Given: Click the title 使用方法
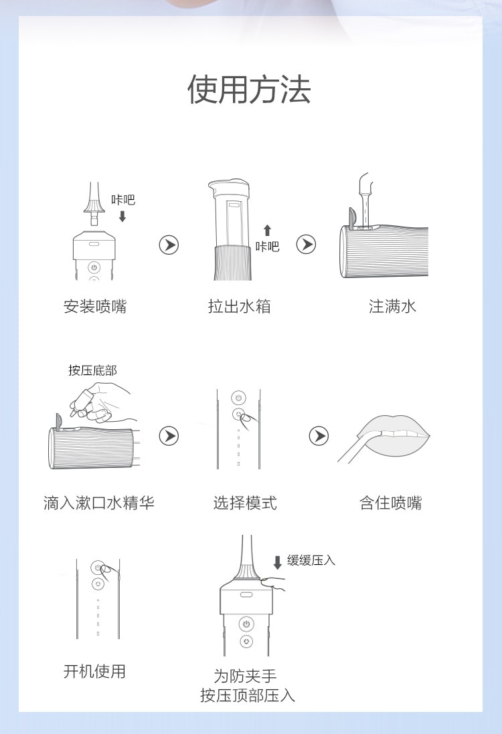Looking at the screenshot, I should click(249, 90).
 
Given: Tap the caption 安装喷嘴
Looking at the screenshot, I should click(95, 307).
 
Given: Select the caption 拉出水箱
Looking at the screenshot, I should click(240, 307).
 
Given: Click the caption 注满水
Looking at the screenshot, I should click(392, 307).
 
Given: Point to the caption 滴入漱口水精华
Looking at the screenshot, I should click(99, 503).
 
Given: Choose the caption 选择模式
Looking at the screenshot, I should click(245, 503).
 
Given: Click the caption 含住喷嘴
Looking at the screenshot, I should click(391, 503).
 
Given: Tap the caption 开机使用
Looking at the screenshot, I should click(94, 671).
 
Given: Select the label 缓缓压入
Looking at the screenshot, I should click(311, 560).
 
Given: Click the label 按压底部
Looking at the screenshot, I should click(92, 370).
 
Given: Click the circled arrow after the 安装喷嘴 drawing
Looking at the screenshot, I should click(169, 245).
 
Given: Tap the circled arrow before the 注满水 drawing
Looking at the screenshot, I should click(306, 245).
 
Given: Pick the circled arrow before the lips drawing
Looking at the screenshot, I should click(319, 437).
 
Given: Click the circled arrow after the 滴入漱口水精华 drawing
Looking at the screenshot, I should click(169, 437).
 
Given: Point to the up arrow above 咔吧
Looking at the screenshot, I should click(267, 231).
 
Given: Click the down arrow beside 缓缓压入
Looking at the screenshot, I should click(278, 563).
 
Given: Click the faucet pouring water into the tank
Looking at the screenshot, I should click(365, 191).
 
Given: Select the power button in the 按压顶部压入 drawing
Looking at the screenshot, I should click(246, 624).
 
